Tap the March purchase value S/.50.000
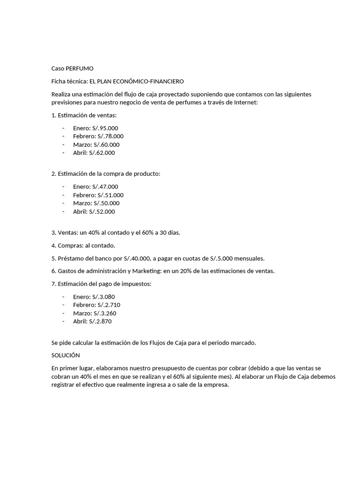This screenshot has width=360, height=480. click(106, 203)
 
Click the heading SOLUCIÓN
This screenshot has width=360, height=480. click(66, 355)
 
